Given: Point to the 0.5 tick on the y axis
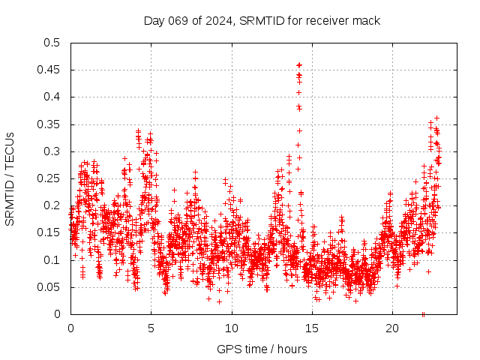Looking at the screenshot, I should [x=52, y=43].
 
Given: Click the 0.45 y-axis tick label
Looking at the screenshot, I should [x=49, y=70].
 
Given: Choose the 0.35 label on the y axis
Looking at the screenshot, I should [x=49, y=124].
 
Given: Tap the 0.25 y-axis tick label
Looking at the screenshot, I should [x=49, y=178].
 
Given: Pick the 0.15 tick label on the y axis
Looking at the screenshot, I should [x=49, y=232].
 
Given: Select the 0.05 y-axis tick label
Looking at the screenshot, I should [x=49, y=287].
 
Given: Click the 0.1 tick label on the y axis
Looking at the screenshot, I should [x=52, y=260].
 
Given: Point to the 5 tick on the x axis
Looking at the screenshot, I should [x=151, y=328].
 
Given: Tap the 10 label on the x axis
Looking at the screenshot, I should [x=232, y=328].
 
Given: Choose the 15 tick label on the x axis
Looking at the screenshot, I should [x=312, y=328].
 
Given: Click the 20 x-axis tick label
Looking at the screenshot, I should [x=393, y=328].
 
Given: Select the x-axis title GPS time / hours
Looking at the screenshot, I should [x=262, y=349].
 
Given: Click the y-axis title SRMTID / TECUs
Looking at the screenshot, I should [x=10, y=178].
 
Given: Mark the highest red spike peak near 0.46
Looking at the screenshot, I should [x=299, y=65].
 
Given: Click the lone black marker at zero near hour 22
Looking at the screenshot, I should [x=423, y=313].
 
